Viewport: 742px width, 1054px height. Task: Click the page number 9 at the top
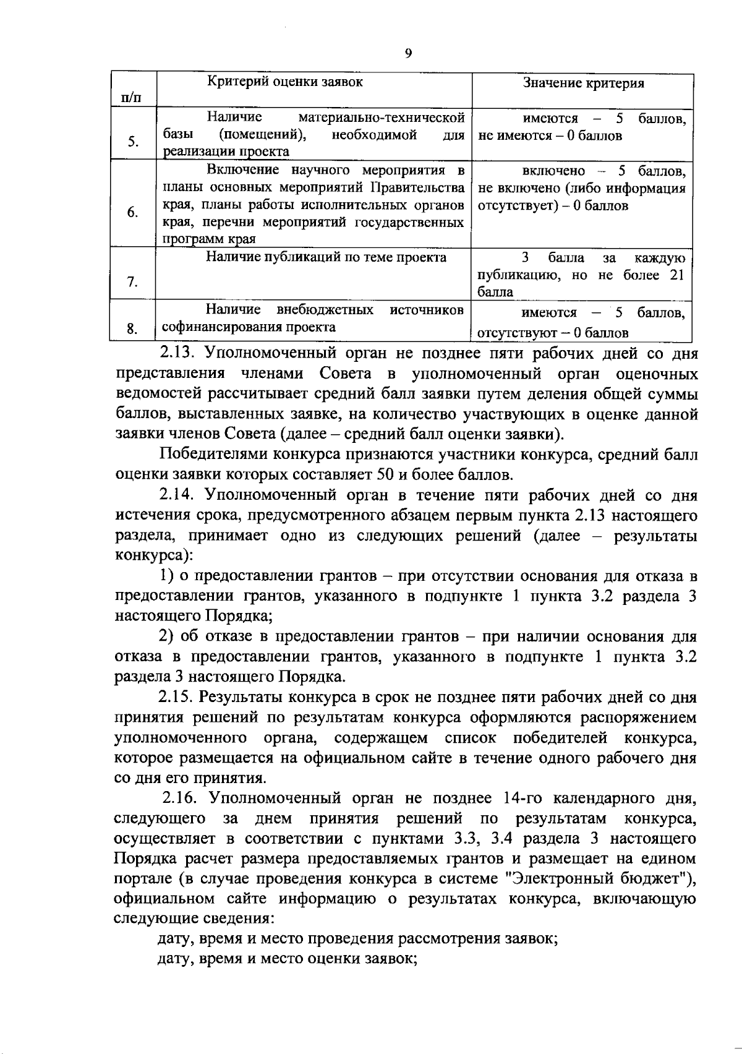(408, 53)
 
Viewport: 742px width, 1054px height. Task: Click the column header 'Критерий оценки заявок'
(284, 82)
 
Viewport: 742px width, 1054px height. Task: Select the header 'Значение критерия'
(584, 84)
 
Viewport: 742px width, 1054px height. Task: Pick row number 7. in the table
(132, 282)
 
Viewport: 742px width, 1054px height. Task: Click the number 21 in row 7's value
(676, 275)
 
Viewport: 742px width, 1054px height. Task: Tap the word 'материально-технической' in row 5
(381, 118)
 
